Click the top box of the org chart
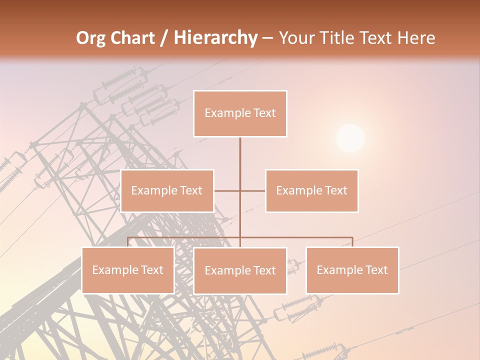pyautogui.click(x=240, y=113)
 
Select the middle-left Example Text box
pyautogui.click(x=167, y=191)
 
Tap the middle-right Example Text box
pyautogui.click(x=311, y=191)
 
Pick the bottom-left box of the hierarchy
pyautogui.click(x=128, y=270)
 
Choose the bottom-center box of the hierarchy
pyautogui.click(x=240, y=271)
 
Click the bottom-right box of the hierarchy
pyautogui.click(x=352, y=270)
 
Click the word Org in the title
pyautogui.click(x=90, y=38)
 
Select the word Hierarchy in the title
pyautogui.click(x=215, y=38)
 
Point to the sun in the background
pyautogui.click(x=350, y=138)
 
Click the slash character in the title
pyautogui.click(x=164, y=38)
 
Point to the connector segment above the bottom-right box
pyautogui.click(x=352, y=242)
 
